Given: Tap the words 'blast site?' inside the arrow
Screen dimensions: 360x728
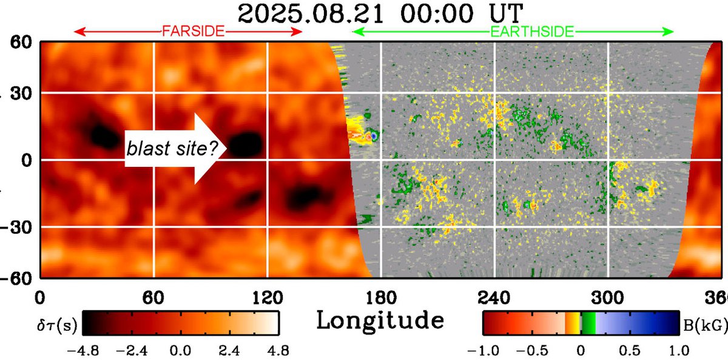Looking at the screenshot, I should (172, 147).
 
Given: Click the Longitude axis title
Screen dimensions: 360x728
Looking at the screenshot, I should (380, 320).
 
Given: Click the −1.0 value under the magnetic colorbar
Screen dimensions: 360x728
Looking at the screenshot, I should (483, 350).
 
